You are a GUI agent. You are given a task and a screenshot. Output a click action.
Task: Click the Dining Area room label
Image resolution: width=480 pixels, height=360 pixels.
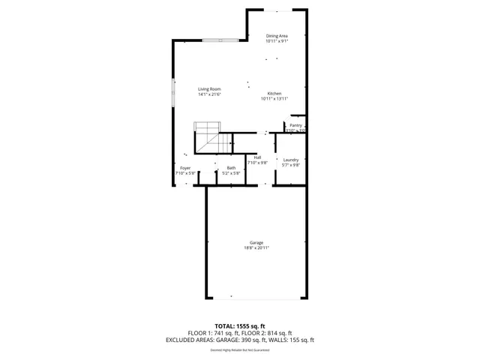277,36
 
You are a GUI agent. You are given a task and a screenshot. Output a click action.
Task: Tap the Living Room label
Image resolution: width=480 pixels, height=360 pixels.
209,89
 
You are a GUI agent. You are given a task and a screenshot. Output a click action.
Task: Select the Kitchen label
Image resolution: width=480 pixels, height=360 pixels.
274,94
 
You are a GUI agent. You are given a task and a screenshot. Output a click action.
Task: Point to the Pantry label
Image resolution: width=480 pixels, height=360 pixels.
295,125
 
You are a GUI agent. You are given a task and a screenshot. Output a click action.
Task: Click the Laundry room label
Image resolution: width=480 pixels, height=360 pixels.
291,160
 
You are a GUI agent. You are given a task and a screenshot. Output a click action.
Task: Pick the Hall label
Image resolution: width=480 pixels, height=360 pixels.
257,157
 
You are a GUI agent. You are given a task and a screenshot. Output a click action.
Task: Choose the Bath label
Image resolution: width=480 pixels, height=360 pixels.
231,168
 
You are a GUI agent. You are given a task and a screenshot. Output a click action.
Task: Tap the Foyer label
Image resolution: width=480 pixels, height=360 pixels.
185,168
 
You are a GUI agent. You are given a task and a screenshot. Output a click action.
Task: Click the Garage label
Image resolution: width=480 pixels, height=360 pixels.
256,242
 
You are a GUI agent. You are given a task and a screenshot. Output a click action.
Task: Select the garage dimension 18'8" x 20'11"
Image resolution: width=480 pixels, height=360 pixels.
256,247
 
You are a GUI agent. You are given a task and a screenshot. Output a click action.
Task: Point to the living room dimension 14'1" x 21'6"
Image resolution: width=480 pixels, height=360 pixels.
209,94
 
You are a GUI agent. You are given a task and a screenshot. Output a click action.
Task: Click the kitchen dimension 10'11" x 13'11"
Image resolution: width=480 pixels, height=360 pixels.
274,99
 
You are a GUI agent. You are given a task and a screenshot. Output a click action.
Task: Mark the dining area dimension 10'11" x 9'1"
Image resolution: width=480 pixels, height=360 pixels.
277,41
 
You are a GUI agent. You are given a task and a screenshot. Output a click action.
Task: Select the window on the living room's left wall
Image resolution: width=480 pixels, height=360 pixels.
174,92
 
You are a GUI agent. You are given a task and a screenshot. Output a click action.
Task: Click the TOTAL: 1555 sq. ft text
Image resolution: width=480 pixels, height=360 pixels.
240,327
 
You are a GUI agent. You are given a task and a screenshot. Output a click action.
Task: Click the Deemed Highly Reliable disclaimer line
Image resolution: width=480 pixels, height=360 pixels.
240,349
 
